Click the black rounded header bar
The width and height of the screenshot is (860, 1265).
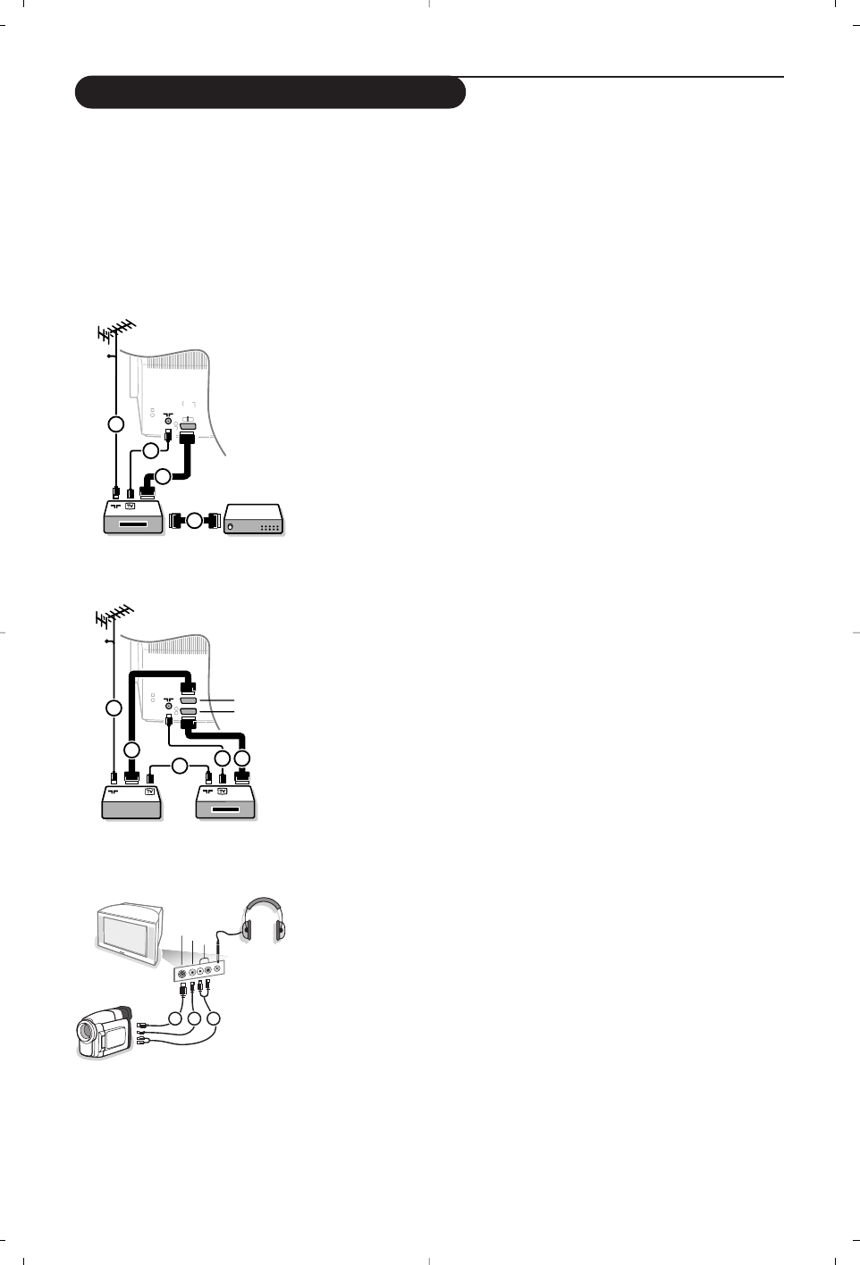tap(270, 93)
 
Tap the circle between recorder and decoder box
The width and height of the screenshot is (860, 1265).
tap(195, 520)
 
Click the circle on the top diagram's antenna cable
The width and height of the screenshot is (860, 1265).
tap(115, 423)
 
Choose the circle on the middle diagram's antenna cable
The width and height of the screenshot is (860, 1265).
tap(114, 708)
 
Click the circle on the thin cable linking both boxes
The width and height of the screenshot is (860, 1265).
tap(180, 766)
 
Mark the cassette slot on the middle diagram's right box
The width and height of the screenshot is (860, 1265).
tap(224, 808)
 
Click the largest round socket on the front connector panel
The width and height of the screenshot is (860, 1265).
tap(182, 974)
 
